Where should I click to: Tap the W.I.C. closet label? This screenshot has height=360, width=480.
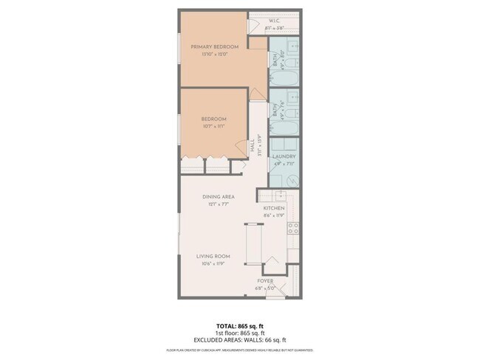click(x=273, y=21)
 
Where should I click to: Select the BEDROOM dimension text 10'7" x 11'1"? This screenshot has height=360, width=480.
click(x=213, y=126)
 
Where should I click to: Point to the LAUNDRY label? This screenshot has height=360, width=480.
click(x=284, y=156)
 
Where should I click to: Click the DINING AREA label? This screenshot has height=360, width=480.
click(x=219, y=197)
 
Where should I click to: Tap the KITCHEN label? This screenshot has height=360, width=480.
click(x=274, y=208)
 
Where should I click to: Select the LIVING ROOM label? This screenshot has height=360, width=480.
click(x=213, y=257)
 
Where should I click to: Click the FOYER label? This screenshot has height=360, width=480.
click(x=265, y=282)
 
